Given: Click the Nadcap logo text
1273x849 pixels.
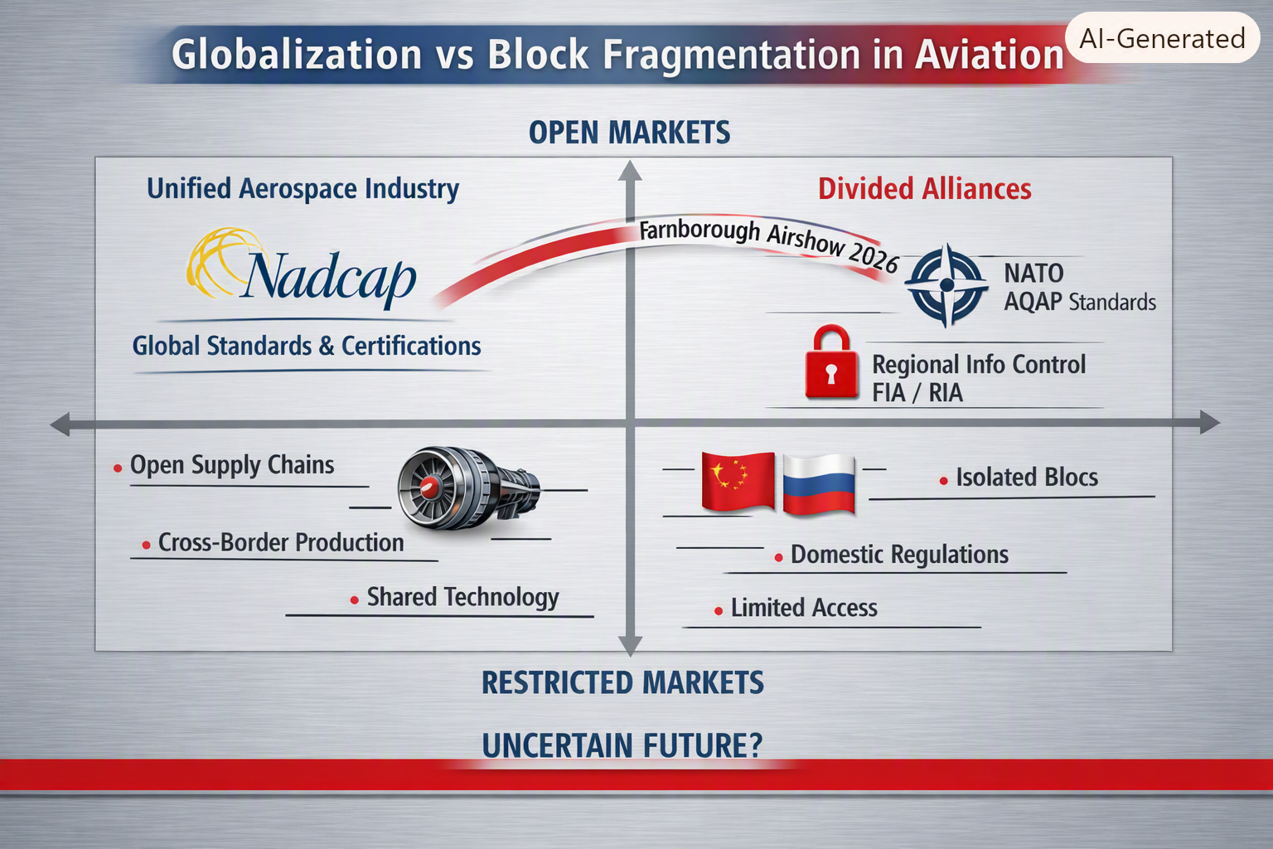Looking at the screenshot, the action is click(x=331, y=278).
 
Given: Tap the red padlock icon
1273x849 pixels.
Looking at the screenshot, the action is click(x=831, y=362).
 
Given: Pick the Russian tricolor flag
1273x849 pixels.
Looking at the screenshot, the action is click(x=819, y=484).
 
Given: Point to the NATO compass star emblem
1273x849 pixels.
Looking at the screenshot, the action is click(x=946, y=284).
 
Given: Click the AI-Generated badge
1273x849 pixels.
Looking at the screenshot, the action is click(x=1162, y=39).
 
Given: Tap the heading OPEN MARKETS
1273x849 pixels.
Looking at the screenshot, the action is click(x=629, y=133).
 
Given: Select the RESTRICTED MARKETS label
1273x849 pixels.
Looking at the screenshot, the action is click(x=623, y=682).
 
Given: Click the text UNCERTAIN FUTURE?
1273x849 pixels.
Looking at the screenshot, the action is click(x=622, y=745).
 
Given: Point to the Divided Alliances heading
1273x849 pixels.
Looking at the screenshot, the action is click(x=925, y=189).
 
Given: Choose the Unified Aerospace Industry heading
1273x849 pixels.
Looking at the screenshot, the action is click(x=303, y=189).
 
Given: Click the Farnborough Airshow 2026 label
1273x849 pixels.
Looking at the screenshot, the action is click(x=769, y=244).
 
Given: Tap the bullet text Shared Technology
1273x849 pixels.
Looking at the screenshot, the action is click(x=462, y=597).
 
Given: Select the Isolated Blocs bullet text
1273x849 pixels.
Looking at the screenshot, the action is click(x=1027, y=477).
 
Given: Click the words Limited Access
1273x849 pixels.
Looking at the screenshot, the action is click(x=804, y=608).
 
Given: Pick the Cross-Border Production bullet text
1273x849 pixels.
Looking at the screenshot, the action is click(x=281, y=542).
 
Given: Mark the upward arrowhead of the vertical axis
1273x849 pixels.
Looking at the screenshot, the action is click(x=630, y=171).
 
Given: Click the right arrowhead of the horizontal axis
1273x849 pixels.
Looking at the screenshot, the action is click(x=1209, y=422).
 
